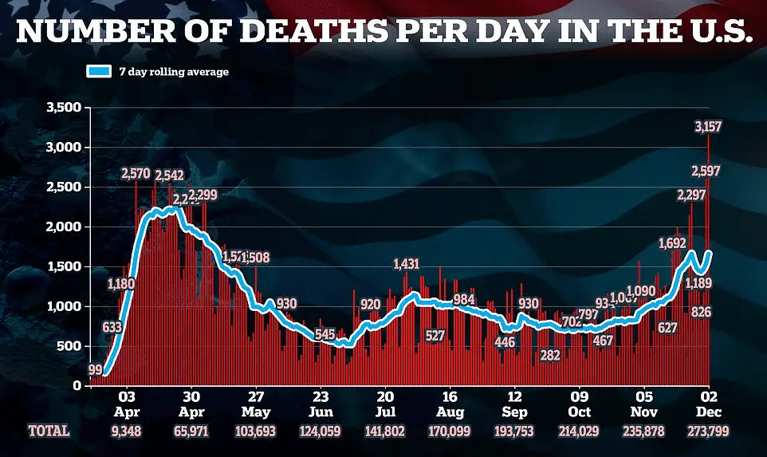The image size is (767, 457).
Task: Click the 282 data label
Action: pyautogui.click(x=550, y=355)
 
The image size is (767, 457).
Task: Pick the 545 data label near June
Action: pyautogui.click(x=324, y=334)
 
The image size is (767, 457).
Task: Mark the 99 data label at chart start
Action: pyautogui.click(x=96, y=370)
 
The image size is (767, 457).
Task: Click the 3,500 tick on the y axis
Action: pyautogui.click(x=63, y=108)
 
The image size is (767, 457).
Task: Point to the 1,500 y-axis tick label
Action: pyautogui.click(x=63, y=266)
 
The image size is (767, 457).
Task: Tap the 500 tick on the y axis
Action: pyautogui.click(x=69, y=346)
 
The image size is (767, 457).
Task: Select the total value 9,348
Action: pyautogui.click(x=126, y=431)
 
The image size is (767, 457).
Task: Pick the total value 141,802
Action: pyautogui.click(x=385, y=431)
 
